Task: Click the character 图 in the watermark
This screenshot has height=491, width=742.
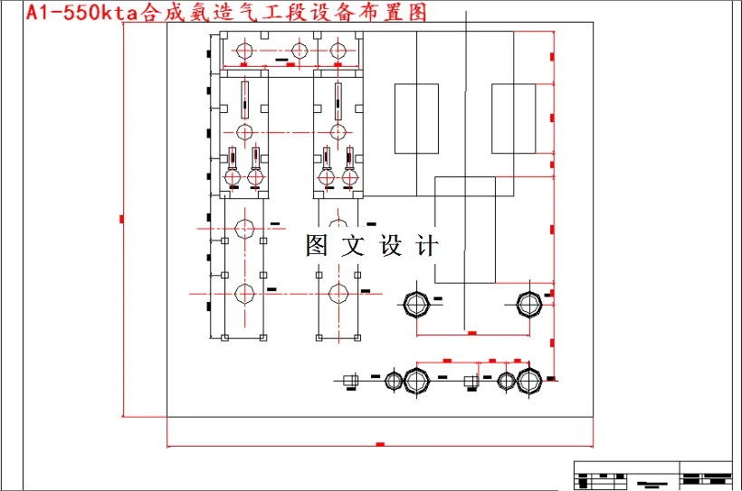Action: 317,245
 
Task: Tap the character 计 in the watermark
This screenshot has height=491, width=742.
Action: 427,245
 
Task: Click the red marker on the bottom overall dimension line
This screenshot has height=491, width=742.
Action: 380,445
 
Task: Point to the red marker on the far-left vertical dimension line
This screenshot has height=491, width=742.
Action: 122,218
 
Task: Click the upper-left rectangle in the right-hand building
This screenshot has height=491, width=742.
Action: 416,118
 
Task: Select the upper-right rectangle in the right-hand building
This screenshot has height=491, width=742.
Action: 513,118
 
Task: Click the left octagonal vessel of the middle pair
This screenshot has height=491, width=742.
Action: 416,304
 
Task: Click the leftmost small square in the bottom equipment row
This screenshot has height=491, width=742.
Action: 351,380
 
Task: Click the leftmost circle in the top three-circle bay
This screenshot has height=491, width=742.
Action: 243,52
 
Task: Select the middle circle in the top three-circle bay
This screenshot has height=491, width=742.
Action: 300,52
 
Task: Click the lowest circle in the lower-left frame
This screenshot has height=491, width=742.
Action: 244,293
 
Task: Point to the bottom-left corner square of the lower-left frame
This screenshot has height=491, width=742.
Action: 224,337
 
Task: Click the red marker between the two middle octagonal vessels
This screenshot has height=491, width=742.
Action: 471,333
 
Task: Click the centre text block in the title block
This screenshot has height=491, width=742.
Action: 646,482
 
